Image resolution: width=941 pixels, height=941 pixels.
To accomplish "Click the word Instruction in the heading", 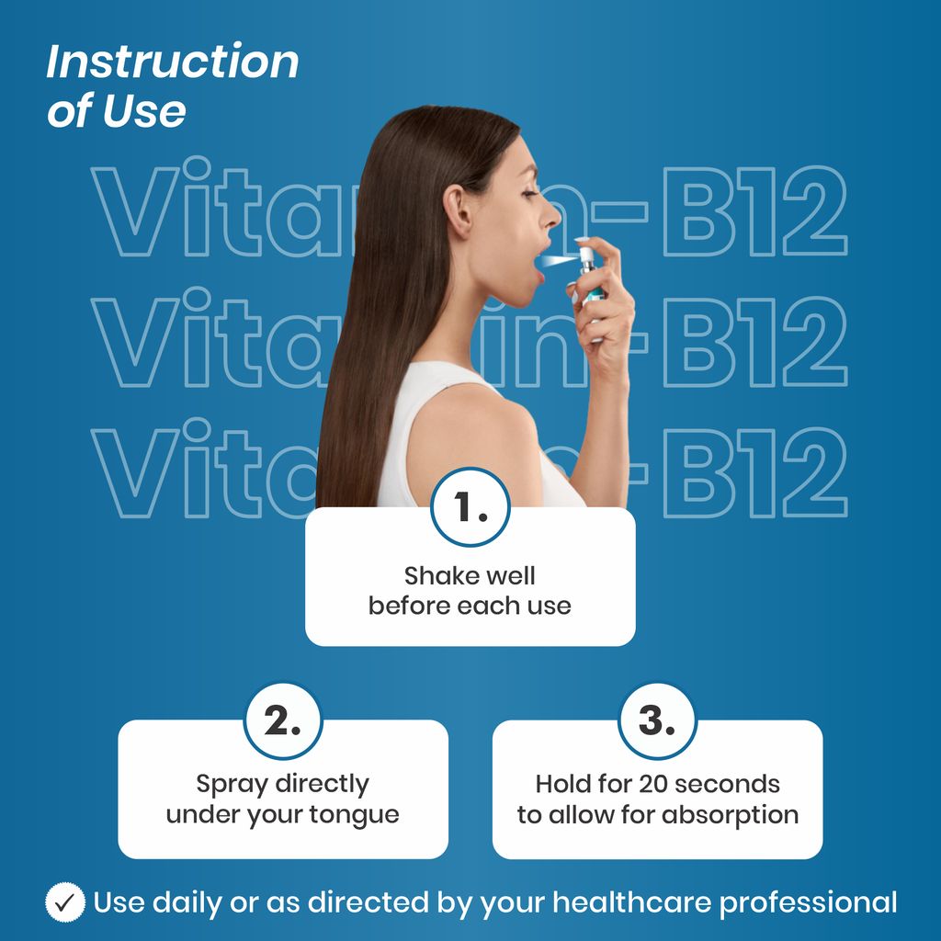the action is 173,62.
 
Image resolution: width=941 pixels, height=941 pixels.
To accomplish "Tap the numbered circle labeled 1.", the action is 470,507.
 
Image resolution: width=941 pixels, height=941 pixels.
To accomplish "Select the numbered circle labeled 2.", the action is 283,722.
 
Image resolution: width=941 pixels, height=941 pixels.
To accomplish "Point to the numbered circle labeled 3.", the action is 657,722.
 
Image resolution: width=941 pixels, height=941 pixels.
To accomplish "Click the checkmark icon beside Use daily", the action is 65,902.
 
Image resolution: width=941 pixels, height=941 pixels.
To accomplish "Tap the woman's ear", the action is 458,211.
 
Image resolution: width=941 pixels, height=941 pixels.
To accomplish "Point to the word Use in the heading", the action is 144,111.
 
